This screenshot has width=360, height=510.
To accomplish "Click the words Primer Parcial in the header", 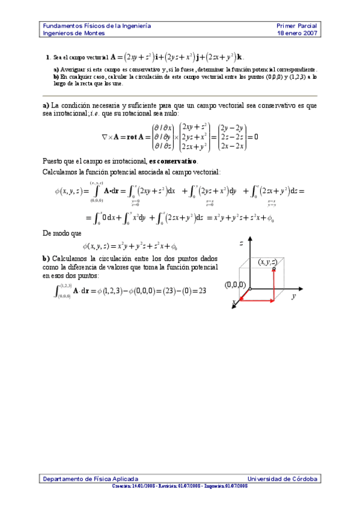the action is (296, 26).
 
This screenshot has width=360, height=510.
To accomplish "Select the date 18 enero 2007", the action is (296, 34).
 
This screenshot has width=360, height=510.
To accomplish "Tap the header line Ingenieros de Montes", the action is (73, 34).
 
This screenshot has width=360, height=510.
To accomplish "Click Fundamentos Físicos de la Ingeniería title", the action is (96, 26).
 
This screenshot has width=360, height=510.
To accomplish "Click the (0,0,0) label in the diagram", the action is (235, 284).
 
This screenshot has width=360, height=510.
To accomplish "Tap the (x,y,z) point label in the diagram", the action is (267, 262).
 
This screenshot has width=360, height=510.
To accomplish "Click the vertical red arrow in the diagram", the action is (274, 283).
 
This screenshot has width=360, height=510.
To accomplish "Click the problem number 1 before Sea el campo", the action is (47, 58).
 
